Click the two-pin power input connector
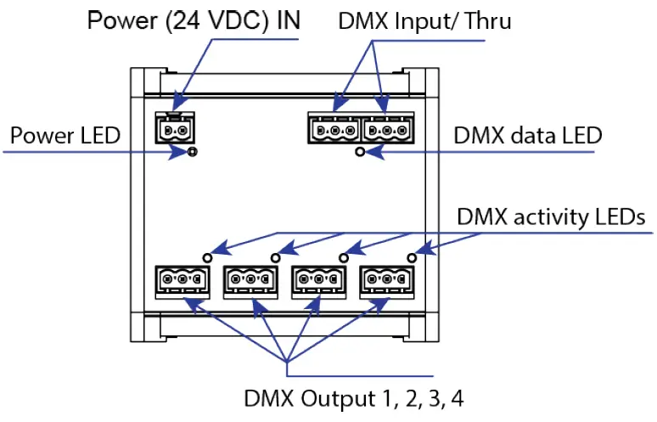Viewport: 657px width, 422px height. pyautogui.click(x=176, y=130)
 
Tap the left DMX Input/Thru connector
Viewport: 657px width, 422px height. pyautogui.click(x=334, y=131)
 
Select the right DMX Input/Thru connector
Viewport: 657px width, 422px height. pyautogui.click(x=388, y=131)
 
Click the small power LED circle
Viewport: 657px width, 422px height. pyautogui.click(x=193, y=152)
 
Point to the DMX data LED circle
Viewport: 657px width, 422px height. pyautogui.click(x=361, y=152)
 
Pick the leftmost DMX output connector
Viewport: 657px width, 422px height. pyautogui.click(x=182, y=279)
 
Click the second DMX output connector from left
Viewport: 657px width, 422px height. pyautogui.click(x=250, y=279)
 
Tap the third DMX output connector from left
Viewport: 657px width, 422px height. pyautogui.click(x=318, y=279)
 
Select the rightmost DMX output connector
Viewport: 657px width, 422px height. pyautogui.click(x=387, y=279)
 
